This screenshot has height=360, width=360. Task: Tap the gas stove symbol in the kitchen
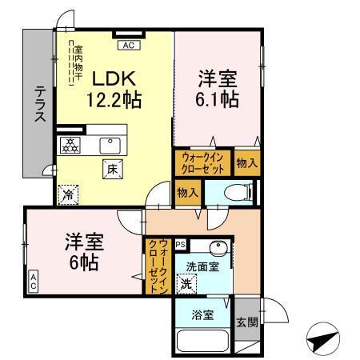(70, 145)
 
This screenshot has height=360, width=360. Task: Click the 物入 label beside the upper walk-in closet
(246, 162)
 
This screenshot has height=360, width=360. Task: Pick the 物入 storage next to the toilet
(187, 193)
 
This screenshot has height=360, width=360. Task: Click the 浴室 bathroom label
(203, 314)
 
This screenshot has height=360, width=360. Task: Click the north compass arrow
(322, 338)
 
